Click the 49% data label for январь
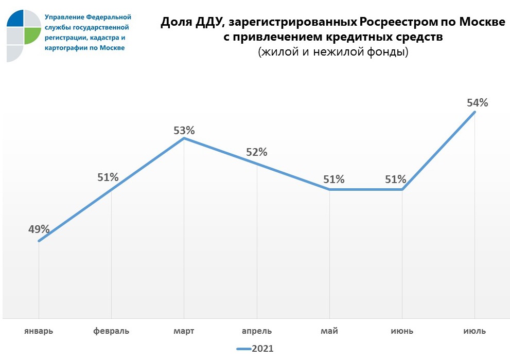click(39, 229)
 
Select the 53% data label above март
click(184, 131)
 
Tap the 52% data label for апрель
click(256, 152)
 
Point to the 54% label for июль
click(477, 102)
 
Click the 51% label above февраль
click(108, 177)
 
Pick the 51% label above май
click(334, 179)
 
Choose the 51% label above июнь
click(396, 179)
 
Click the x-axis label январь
click(39, 331)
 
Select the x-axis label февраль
click(111, 331)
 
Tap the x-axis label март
click(184, 331)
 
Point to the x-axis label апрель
click(257, 331)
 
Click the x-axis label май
click(329, 331)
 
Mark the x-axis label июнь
click(402, 331)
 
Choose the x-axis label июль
click(474, 331)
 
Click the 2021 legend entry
click(255, 349)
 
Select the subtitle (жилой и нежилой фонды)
click(333, 52)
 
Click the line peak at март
click(184, 138)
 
